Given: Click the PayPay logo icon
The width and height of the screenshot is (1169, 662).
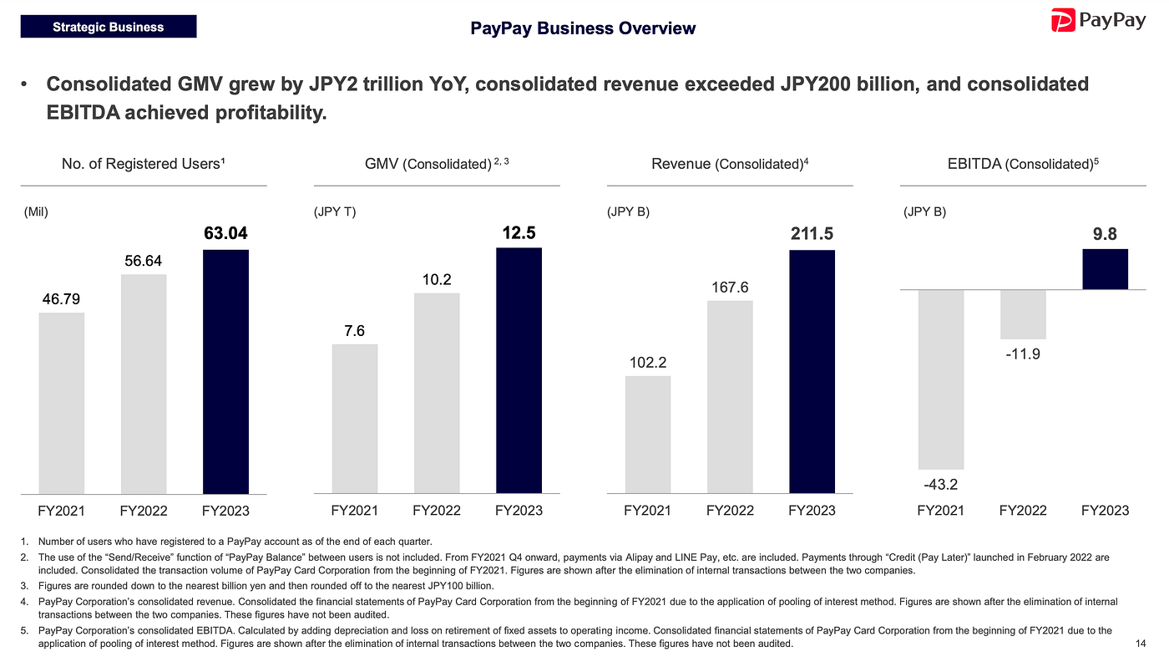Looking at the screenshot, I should pyautogui.click(x=1062, y=20).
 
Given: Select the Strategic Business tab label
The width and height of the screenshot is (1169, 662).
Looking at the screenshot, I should pyautogui.click(x=109, y=27).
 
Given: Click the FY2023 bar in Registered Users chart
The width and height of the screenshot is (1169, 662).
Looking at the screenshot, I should pyautogui.click(x=225, y=371).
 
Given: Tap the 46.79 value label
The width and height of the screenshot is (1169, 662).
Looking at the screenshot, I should pyautogui.click(x=61, y=298).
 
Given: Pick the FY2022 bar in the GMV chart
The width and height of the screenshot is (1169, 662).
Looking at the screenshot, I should pyautogui.click(x=437, y=393).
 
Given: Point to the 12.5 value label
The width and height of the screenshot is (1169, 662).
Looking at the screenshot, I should pyautogui.click(x=519, y=233).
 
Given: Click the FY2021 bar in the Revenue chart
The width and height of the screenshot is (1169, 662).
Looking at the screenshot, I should pyautogui.click(x=648, y=435).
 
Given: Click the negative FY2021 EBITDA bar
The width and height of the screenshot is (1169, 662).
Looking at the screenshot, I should pyautogui.click(x=941, y=379).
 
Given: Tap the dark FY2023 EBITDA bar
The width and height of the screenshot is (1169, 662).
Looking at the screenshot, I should pyautogui.click(x=1106, y=269).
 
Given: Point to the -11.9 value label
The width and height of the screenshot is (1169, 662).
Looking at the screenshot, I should pyautogui.click(x=1023, y=354).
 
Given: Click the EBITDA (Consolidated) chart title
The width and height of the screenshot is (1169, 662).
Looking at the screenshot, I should pyautogui.click(x=1023, y=164).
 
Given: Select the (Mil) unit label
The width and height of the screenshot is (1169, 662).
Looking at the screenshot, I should pyautogui.click(x=35, y=211).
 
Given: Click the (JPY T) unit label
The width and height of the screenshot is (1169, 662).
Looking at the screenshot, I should pyautogui.click(x=334, y=211).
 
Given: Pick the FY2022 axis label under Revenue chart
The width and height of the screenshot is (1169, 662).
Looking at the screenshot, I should pyautogui.click(x=730, y=511).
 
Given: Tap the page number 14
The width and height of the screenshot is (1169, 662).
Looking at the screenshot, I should pyautogui.click(x=1141, y=644).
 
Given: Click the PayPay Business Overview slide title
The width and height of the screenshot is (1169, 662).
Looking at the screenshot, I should pyautogui.click(x=583, y=28).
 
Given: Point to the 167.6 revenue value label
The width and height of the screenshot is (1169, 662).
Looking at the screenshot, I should pyautogui.click(x=730, y=288).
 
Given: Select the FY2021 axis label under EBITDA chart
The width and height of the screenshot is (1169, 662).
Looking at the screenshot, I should pyautogui.click(x=940, y=511).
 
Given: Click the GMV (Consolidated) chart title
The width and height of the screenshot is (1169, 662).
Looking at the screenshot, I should pyautogui.click(x=437, y=164).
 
